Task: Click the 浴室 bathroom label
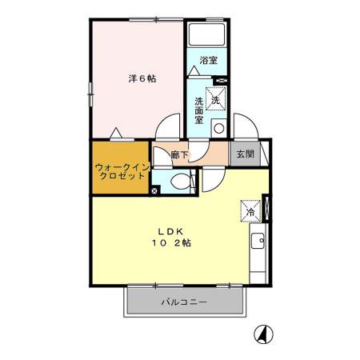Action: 208,61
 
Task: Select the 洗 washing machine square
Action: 216,100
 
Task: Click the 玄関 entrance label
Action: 246,154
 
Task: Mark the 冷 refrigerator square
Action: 250,212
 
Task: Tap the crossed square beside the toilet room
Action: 154,190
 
